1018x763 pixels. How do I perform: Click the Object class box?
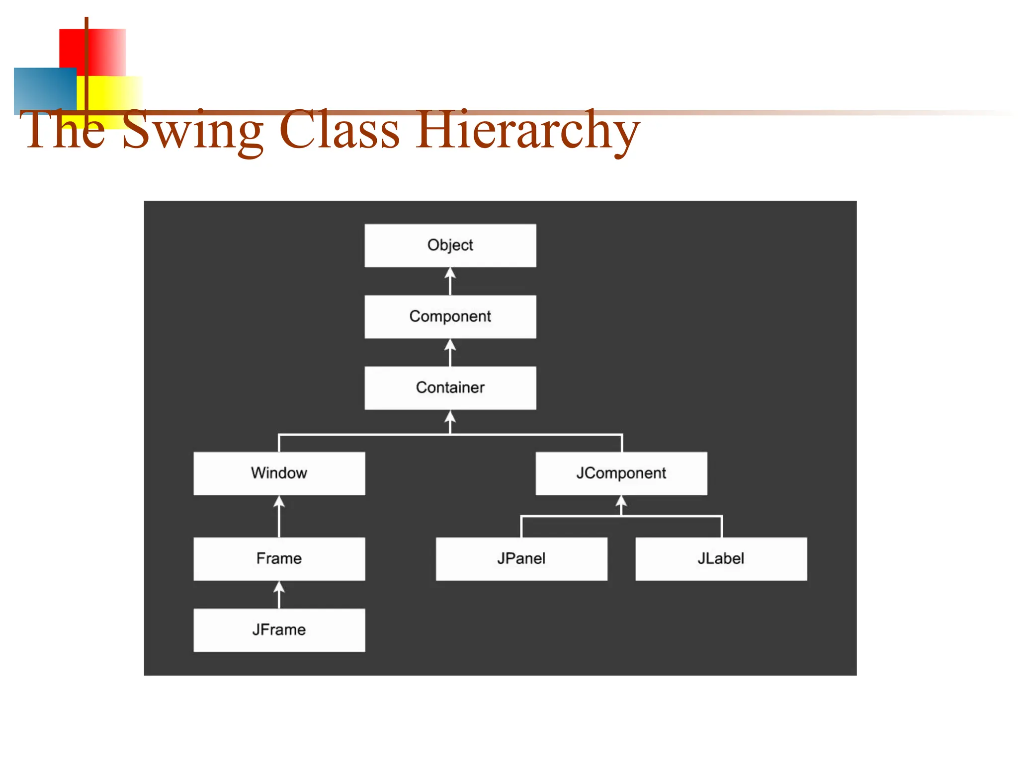[450, 245]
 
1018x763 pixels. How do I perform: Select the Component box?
[450, 316]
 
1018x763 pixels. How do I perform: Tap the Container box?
[450, 388]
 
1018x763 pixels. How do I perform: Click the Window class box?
[279, 473]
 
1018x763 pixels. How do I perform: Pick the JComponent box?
[621, 473]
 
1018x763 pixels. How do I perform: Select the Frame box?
[279, 558]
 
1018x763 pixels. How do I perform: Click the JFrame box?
[279, 630]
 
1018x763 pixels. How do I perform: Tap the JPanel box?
[521, 558]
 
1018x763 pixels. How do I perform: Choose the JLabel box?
[721, 558]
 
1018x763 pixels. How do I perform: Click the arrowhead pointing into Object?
[450, 274]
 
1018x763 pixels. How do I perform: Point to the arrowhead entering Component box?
[450, 345]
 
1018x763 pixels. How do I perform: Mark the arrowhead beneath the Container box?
[450, 416]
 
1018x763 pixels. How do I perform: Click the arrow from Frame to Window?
[279, 517]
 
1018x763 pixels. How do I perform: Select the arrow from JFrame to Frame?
[279, 595]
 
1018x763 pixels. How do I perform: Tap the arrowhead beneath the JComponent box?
[621, 501]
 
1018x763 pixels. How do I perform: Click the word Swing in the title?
[193, 130]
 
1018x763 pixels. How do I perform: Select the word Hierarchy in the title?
[528, 130]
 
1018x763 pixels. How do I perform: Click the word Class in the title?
[339, 130]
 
